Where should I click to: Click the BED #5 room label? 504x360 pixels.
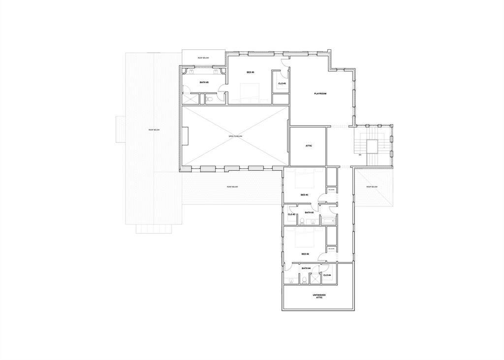(x=250, y=72)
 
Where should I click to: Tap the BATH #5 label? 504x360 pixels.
(x=204, y=82)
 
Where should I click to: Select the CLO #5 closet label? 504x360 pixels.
(x=282, y=83)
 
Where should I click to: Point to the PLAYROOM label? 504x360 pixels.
(x=320, y=94)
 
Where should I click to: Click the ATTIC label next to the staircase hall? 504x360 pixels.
(x=309, y=146)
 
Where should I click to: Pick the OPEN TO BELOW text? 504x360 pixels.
(x=235, y=136)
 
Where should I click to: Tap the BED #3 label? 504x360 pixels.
(x=304, y=195)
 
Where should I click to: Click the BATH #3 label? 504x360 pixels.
(x=309, y=213)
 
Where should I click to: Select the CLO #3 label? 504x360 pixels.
(x=291, y=214)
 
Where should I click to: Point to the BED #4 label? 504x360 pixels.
(x=305, y=254)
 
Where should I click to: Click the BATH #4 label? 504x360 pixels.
(x=306, y=268)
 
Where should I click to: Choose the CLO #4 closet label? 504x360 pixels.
(x=327, y=275)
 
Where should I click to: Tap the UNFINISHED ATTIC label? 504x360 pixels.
(x=319, y=296)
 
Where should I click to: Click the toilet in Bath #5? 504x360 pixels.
(x=210, y=99)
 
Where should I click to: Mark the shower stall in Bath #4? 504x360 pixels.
(x=315, y=279)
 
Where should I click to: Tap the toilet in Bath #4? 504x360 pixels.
(x=304, y=280)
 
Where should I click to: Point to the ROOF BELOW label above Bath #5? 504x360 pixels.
(x=203, y=58)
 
